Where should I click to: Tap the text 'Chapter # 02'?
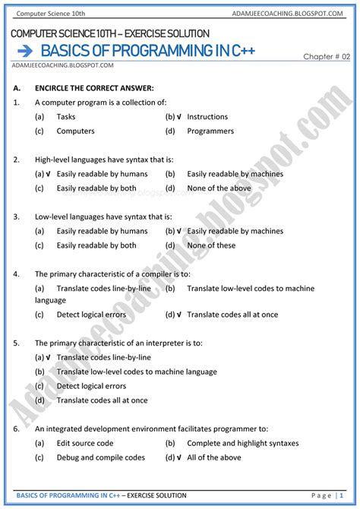pos(326,57)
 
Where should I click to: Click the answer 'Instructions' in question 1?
pos(207,117)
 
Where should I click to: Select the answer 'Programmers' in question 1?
pos(210,131)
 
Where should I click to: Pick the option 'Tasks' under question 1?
pos(66,117)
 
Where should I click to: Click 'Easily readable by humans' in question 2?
pos(102,174)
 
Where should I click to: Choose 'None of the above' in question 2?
pos(219,188)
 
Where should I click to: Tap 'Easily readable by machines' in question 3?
pos(235,231)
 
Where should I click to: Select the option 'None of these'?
pos(211,245)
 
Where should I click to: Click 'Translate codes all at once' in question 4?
pos(232,315)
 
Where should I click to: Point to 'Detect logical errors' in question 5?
pos(91,386)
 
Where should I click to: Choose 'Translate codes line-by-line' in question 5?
pos(103,357)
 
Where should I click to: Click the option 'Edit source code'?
pos(85,443)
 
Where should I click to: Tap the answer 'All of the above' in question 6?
pos(214,457)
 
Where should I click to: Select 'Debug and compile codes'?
pos(100,457)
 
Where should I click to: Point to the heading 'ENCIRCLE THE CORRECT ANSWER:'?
pos(94,88)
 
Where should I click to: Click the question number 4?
pos(16,273)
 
